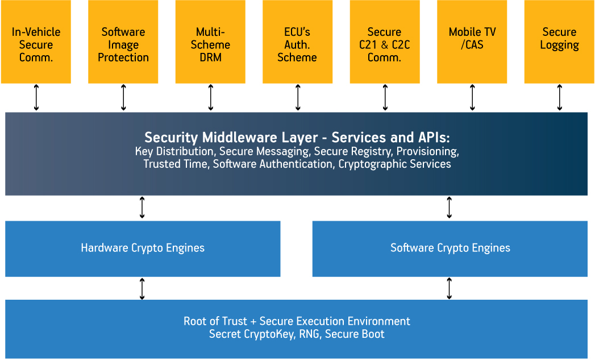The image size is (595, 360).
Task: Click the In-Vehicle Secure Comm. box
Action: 36,44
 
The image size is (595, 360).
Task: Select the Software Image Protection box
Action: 123,44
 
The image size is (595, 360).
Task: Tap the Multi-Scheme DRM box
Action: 210,44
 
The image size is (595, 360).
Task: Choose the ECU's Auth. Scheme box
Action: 297,44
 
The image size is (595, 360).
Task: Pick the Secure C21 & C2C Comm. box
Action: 385,44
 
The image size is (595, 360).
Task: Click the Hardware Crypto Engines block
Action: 143,248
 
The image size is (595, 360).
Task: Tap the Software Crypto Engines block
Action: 450,248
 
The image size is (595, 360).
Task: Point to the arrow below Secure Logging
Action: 560,97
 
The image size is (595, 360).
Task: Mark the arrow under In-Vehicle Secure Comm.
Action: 36,97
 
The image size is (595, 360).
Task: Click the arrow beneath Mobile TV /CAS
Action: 472,97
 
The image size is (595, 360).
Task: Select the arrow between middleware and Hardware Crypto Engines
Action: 142,208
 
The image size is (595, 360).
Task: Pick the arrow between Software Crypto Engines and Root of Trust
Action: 450,288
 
